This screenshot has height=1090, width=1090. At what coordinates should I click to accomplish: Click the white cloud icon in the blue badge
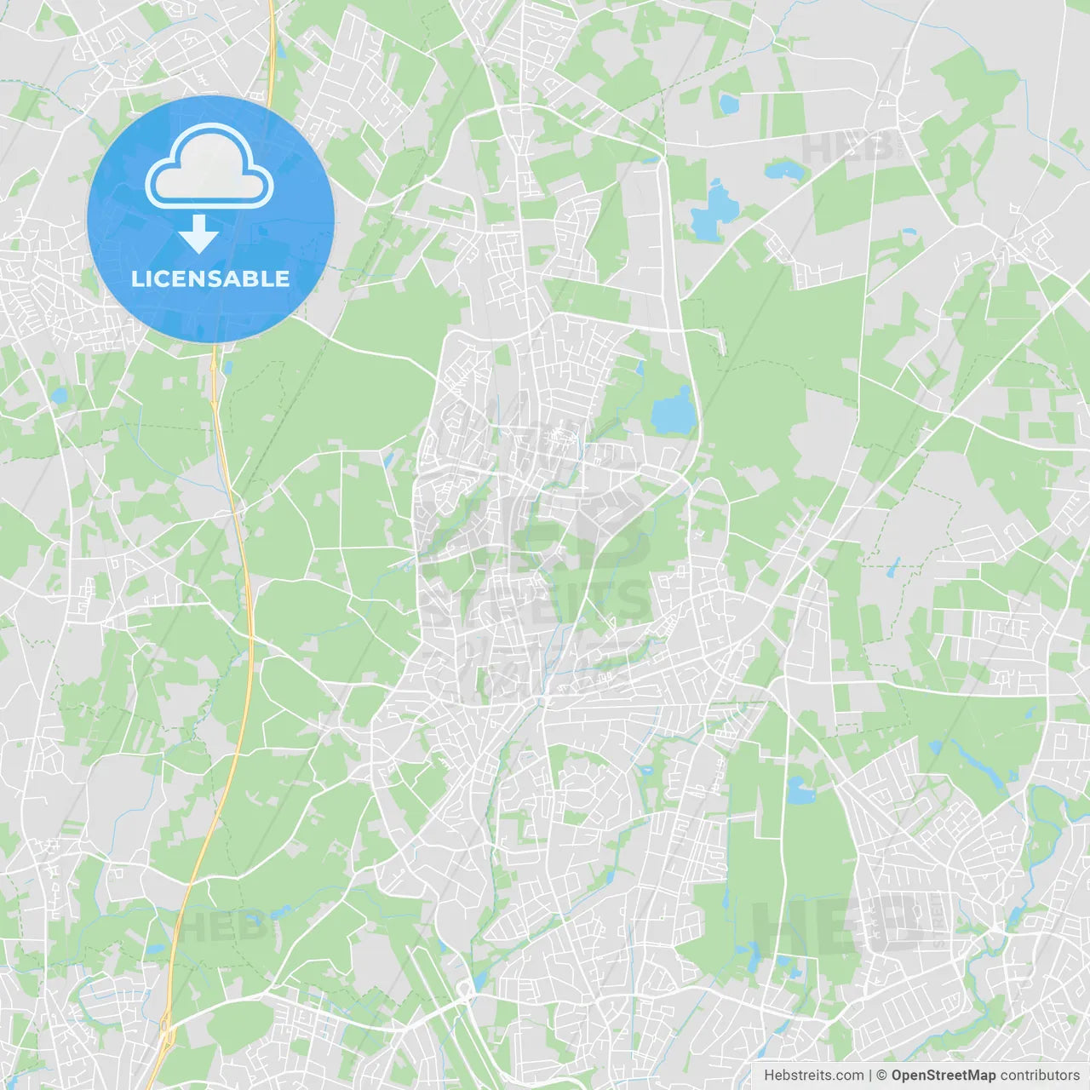coord(209,168)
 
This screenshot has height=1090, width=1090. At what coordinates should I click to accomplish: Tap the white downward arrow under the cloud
coord(198,234)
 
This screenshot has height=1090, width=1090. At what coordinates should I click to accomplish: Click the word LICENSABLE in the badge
coord(210,278)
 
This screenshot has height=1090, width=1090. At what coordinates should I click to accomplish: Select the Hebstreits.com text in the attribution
coord(813,1076)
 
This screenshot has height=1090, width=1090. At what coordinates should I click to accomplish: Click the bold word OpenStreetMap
coord(944,1076)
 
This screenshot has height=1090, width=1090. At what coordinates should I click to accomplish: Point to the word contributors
coord(1039,1076)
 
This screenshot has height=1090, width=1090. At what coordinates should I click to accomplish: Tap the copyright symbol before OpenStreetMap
coord(882,1076)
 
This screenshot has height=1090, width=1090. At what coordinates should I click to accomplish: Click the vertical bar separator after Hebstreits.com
coord(870,1076)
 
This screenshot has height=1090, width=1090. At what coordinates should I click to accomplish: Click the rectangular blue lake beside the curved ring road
coord(673,411)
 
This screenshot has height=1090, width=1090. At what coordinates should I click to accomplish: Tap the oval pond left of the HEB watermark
coord(781,170)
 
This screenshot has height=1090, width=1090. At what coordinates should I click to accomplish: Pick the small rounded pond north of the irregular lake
coord(729,105)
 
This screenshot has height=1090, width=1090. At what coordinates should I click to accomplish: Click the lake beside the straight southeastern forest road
coord(800,790)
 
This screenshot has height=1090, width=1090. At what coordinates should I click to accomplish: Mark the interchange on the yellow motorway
coord(166,1031)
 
